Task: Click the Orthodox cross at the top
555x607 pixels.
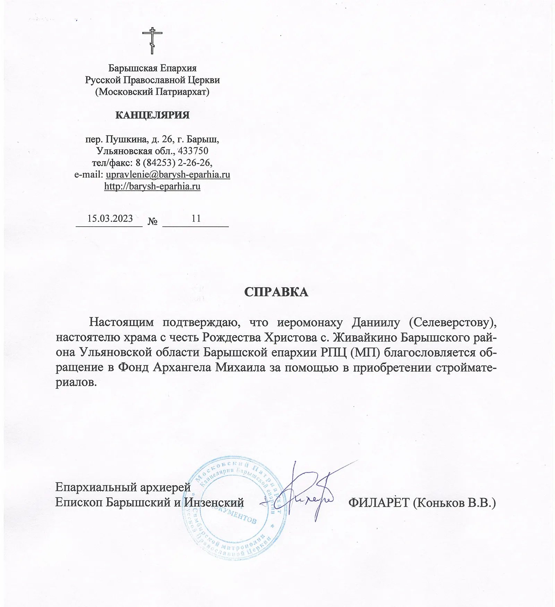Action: [x=152, y=40]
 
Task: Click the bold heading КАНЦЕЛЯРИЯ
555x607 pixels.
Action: [x=152, y=115]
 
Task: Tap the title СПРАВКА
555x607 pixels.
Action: [x=276, y=292]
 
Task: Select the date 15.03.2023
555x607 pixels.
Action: [x=110, y=218]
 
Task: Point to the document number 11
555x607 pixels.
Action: [x=196, y=218]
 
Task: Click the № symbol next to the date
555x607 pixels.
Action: [x=153, y=221]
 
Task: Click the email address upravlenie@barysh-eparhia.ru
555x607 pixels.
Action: [x=168, y=174]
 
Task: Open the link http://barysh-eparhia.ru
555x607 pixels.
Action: [x=152, y=186]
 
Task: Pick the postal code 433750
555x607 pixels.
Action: [x=193, y=151]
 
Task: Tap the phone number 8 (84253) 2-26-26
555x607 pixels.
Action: [x=174, y=162]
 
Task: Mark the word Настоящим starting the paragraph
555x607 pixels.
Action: [x=121, y=322]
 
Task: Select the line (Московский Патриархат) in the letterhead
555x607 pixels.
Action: [x=152, y=92]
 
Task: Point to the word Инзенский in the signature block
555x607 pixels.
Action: [x=214, y=503]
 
